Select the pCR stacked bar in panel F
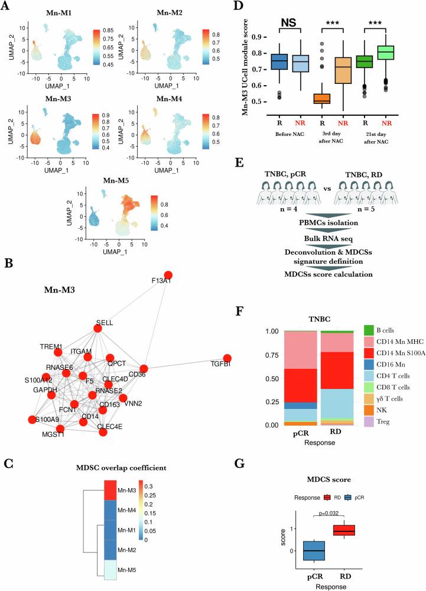tap(300, 387)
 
